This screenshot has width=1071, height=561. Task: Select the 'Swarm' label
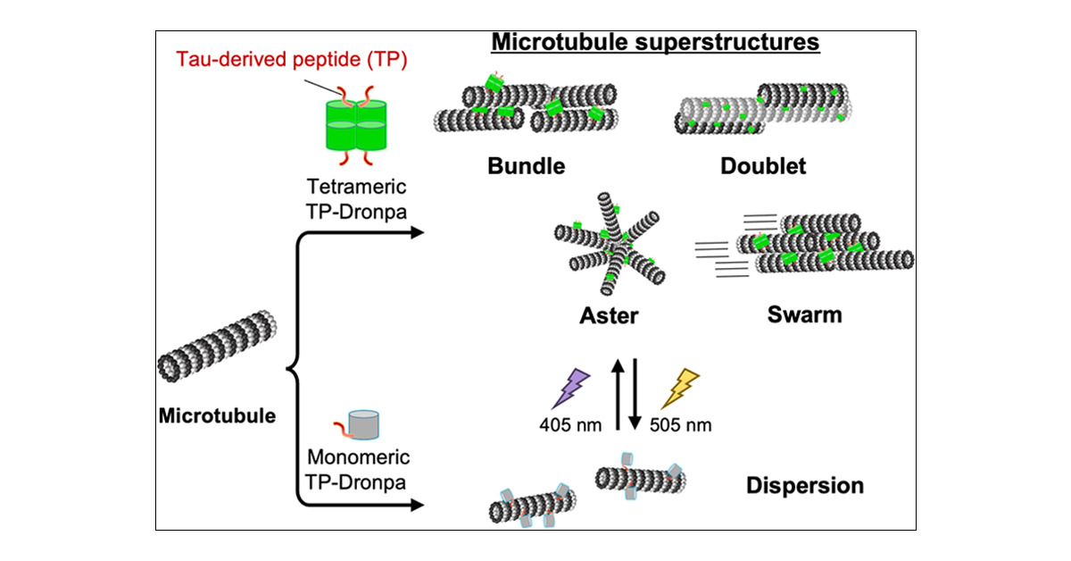tap(804, 315)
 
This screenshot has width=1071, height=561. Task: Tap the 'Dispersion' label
tap(804, 486)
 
